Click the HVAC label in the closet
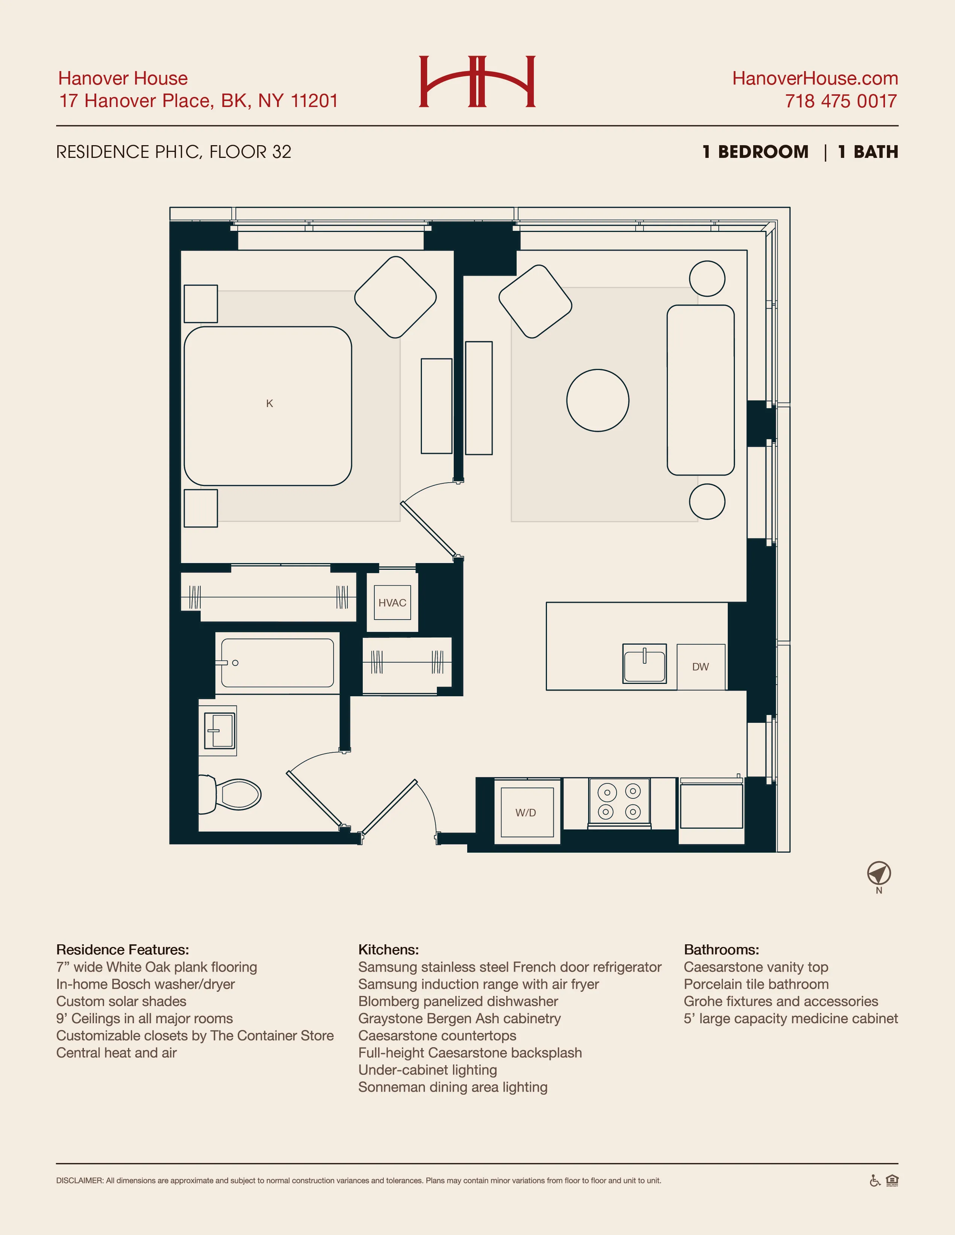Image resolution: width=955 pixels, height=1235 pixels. tap(392, 603)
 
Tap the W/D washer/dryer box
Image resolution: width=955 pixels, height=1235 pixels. tap(526, 813)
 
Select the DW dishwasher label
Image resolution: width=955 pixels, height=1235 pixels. tap(700, 667)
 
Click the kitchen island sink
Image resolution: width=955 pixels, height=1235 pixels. tap(644, 664)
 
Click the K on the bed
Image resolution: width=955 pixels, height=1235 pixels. tap(269, 403)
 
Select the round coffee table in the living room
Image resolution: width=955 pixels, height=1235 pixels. tap(597, 400)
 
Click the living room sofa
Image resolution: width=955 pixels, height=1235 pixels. tap(700, 390)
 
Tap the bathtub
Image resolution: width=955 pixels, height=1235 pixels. tap(277, 663)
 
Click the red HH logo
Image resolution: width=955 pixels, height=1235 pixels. tap(477, 82)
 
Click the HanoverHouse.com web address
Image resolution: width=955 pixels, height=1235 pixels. tap(815, 78)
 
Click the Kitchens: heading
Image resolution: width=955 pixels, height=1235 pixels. tap(388, 950)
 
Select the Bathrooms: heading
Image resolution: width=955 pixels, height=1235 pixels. tap(721, 950)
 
